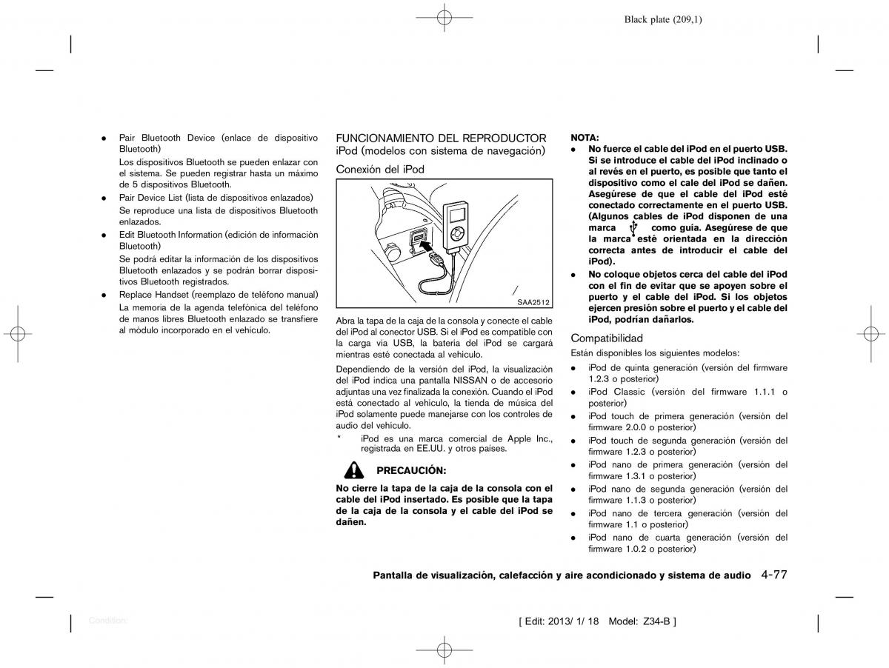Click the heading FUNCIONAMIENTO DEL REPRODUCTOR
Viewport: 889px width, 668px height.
(x=441, y=138)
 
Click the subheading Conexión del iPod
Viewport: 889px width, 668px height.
(x=380, y=169)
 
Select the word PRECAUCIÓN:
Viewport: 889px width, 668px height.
(x=411, y=470)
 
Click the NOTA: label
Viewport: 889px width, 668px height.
(x=585, y=138)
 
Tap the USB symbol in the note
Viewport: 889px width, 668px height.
(x=632, y=229)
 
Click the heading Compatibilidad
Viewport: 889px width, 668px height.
(x=607, y=338)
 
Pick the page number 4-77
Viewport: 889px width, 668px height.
(x=773, y=574)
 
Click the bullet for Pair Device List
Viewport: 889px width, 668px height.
(x=104, y=198)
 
